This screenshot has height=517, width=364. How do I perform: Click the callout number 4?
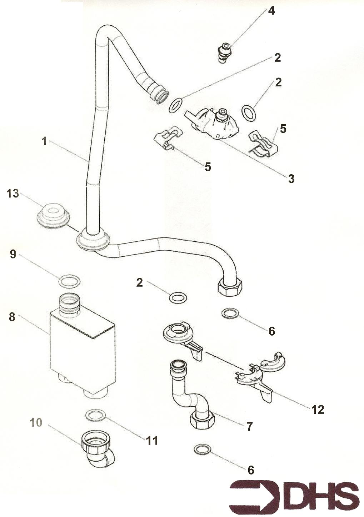[x=271, y=11]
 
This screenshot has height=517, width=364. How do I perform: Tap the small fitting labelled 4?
[x=225, y=52]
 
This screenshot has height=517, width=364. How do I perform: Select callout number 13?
[x=13, y=194]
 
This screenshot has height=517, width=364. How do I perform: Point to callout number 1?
[x=44, y=141]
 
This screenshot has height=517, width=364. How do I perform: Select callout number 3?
[x=291, y=179]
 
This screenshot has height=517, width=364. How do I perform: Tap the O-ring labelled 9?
[x=69, y=281]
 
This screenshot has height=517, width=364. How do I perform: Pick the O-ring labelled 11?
[x=96, y=415]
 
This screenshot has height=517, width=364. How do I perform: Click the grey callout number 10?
[x=36, y=423]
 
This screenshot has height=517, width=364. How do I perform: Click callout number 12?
[x=318, y=410]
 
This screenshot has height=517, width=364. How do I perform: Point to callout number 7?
[x=249, y=426]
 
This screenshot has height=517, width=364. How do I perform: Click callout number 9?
[x=13, y=255]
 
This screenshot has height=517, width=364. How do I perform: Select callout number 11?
[x=152, y=441]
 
